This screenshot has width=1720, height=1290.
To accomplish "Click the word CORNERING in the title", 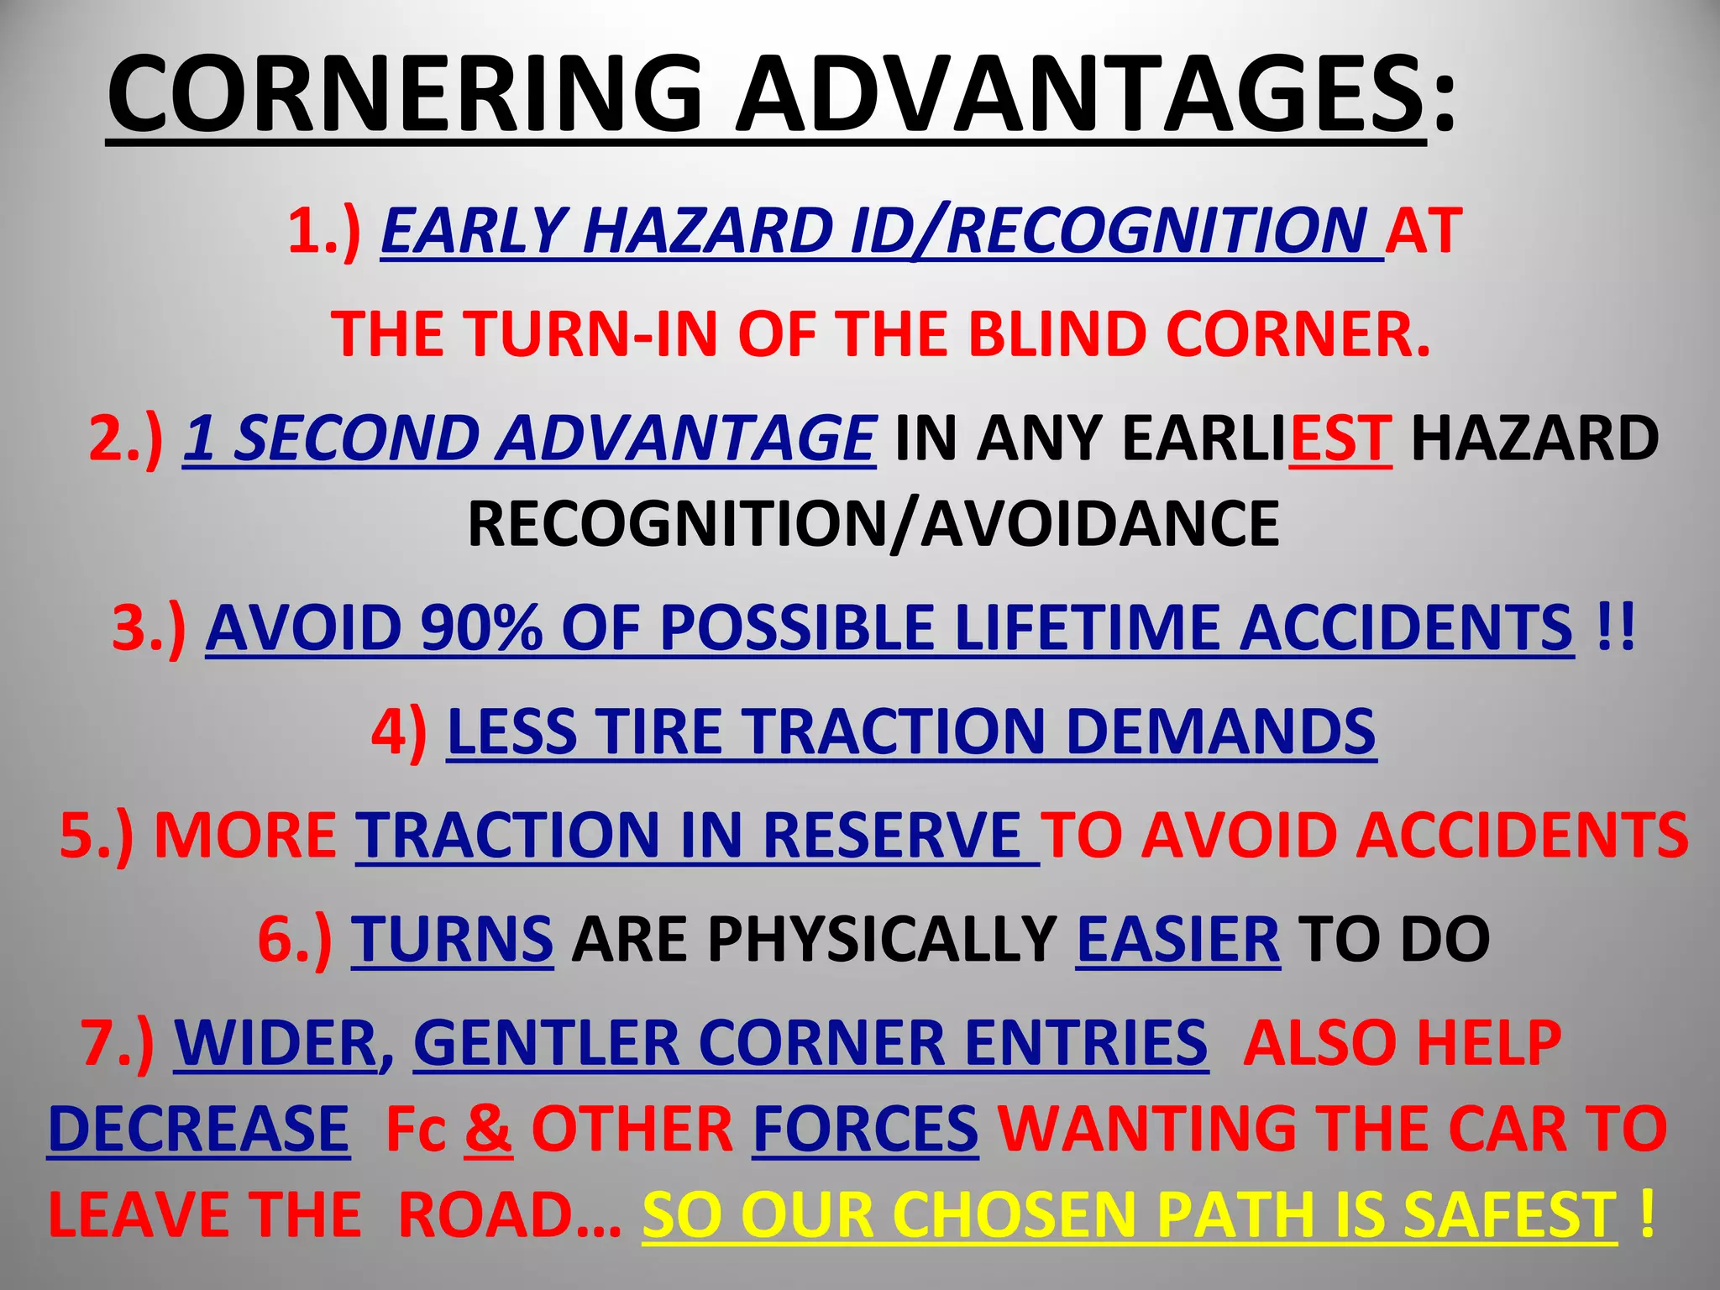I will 404,94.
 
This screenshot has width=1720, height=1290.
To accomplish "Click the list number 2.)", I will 126,438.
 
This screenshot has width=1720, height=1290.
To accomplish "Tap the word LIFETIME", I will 1087,627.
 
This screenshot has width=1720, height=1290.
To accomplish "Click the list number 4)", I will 399,731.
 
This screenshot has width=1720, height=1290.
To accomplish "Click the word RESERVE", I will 892,835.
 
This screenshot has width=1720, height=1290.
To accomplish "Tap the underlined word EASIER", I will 1177,938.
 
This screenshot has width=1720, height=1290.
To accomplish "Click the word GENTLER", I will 545,1042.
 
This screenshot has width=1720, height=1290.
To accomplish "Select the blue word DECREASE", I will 199,1128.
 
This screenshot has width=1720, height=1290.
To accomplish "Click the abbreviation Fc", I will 415,1130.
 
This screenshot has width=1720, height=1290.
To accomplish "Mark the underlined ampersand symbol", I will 488,1128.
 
